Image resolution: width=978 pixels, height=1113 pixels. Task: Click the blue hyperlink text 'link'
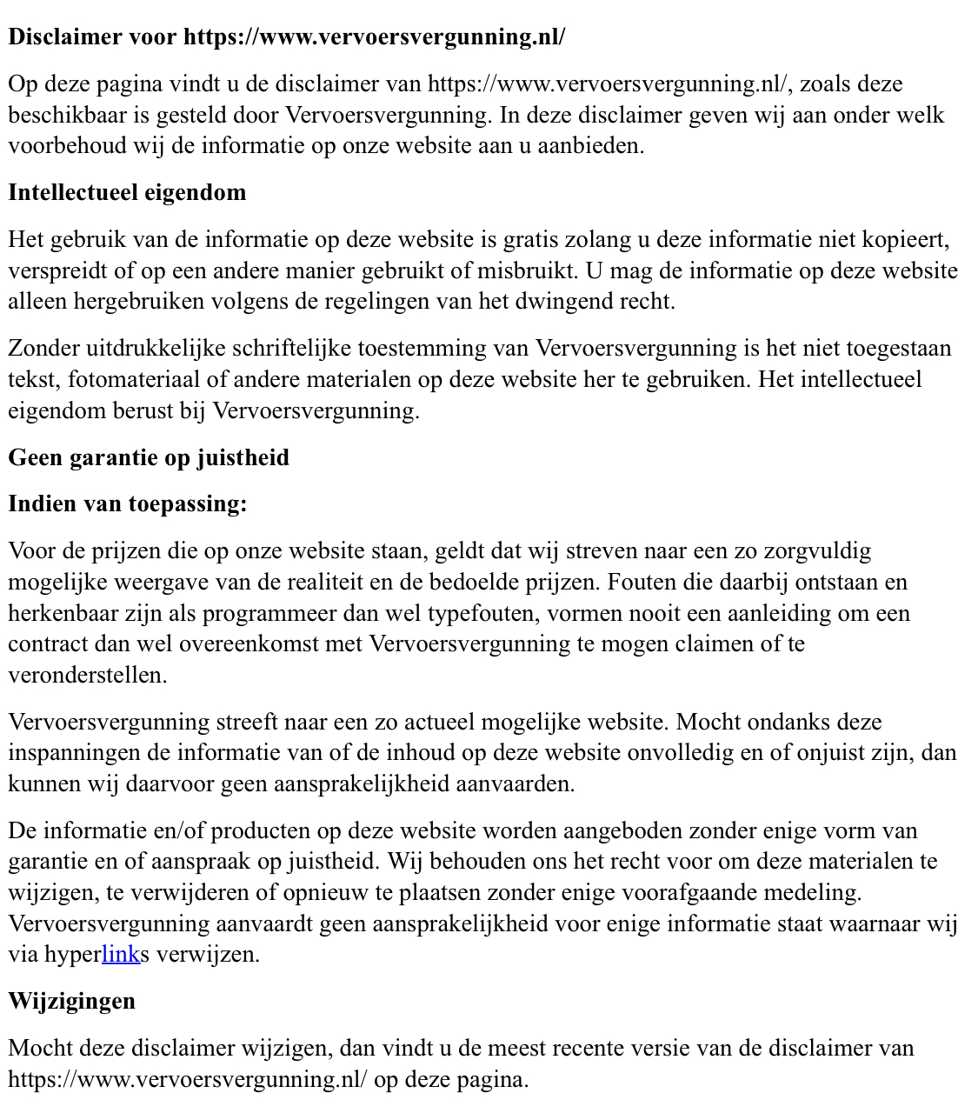point(121,955)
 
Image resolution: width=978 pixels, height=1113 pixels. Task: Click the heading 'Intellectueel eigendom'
point(127,192)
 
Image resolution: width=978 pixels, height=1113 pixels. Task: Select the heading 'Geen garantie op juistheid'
point(149,457)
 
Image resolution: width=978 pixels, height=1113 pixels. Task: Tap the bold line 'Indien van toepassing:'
point(128,503)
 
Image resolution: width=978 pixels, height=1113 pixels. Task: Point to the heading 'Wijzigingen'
point(72,1001)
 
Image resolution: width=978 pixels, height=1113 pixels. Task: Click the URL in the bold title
point(374,37)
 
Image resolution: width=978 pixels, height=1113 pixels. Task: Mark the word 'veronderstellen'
point(87,676)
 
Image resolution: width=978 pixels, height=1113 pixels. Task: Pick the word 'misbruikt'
point(526,271)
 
